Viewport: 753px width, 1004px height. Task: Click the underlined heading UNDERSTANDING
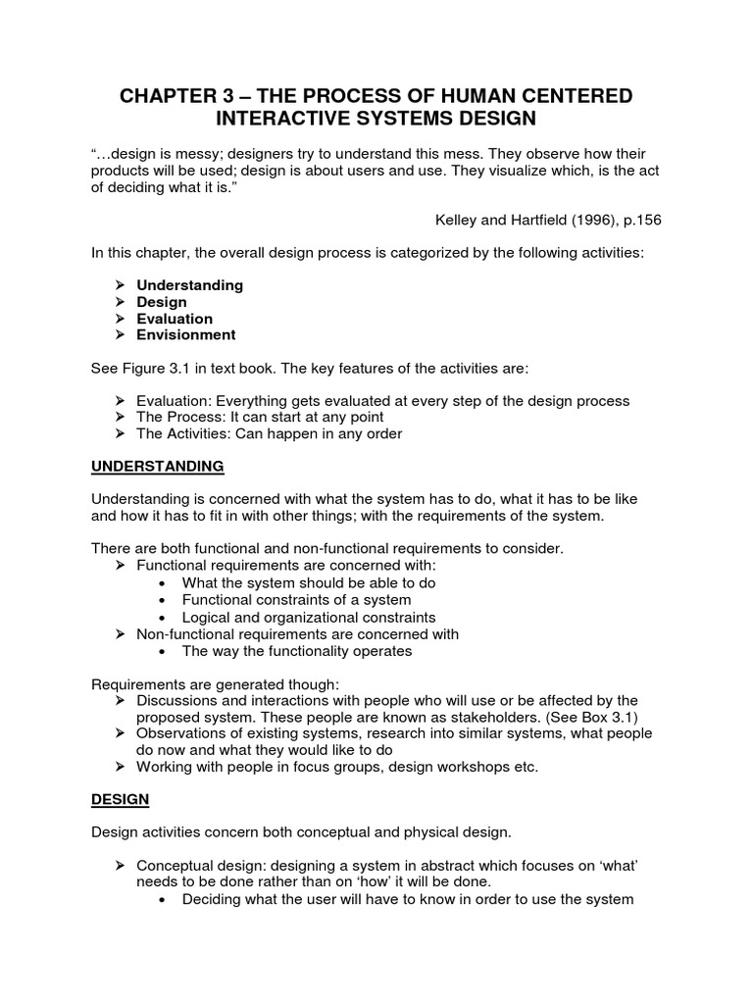158,465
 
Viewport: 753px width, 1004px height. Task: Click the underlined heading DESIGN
120,799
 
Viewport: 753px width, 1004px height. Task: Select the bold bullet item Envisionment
186,334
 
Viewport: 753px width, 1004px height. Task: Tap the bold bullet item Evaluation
175,318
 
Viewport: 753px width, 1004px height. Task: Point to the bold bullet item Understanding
190,284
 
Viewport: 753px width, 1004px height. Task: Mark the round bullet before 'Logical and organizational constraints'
162,618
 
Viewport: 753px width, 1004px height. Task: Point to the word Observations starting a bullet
182,733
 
